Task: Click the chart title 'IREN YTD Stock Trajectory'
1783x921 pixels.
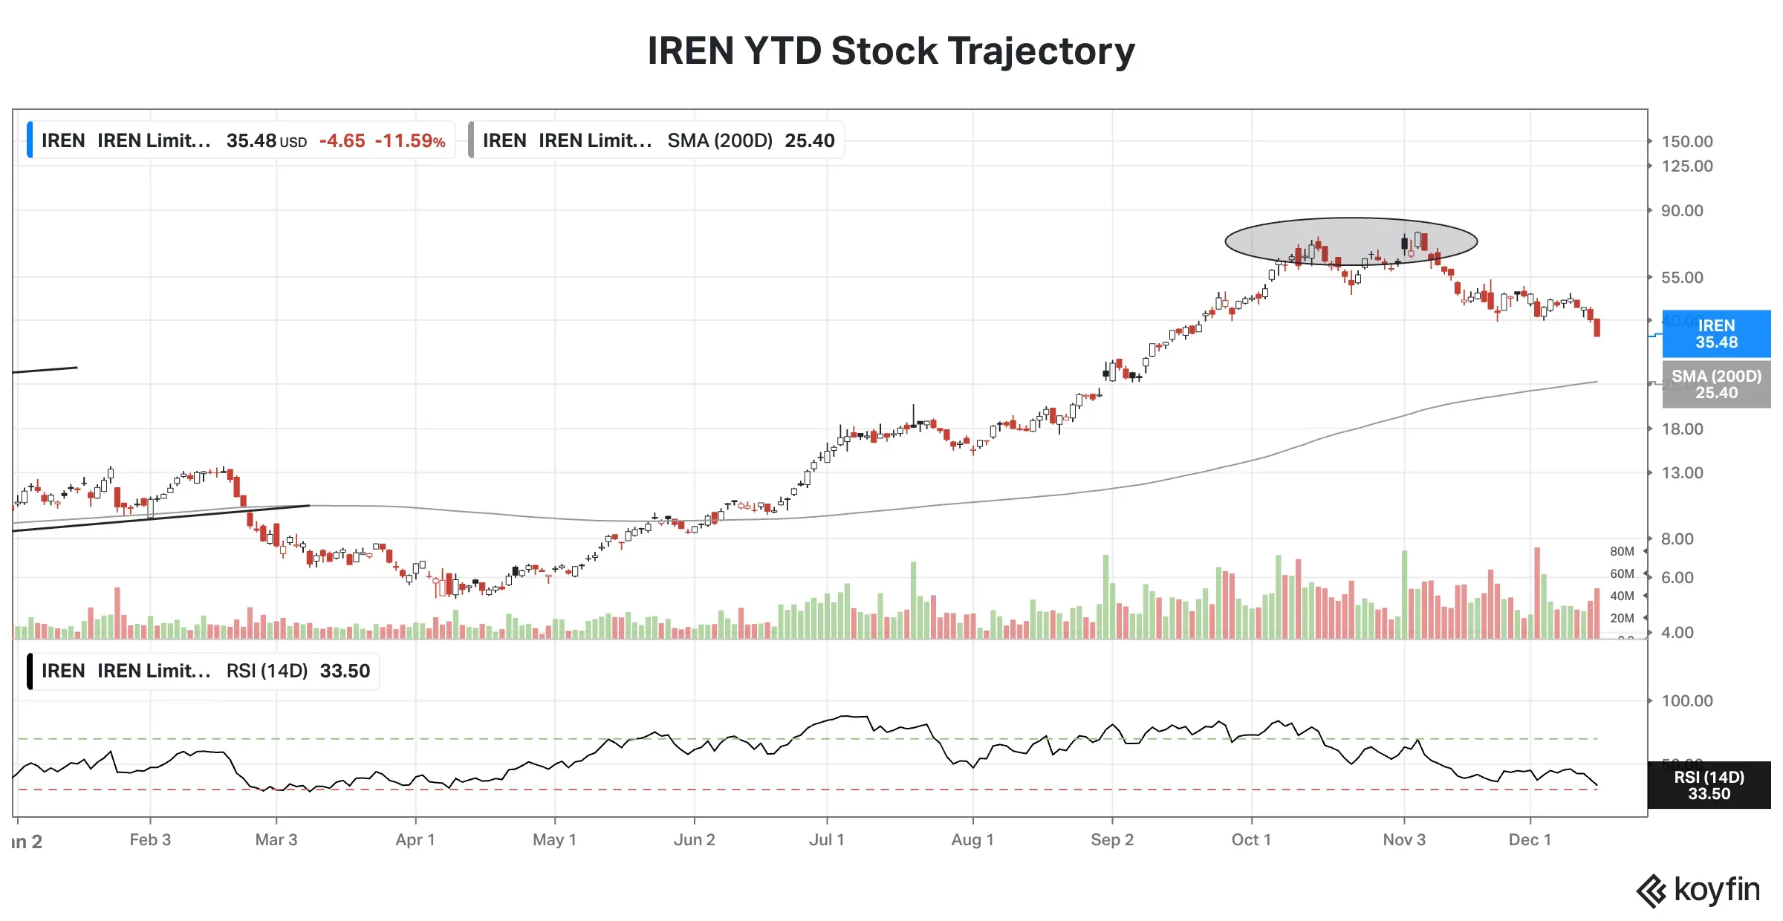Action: [891, 51]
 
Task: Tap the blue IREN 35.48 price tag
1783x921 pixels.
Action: [1715, 334]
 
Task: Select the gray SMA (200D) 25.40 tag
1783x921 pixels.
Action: [1715, 385]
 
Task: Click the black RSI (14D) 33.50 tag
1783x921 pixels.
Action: [1709, 785]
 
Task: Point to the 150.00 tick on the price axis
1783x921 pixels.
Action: [1686, 142]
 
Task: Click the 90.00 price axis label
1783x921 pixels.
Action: [1682, 211]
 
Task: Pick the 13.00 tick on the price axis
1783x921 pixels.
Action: [1682, 473]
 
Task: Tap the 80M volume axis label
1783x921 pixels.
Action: [1622, 552]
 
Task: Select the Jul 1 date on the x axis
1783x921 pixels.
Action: [826, 840]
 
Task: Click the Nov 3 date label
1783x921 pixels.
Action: [1403, 840]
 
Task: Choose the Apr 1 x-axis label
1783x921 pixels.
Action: [415, 840]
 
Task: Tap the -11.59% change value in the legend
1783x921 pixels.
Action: [410, 141]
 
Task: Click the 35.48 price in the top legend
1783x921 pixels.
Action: [251, 141]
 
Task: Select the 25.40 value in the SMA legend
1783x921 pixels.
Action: [809, 141]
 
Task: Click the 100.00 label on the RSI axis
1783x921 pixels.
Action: [1686, 701]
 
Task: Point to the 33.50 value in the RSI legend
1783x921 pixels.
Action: [345, 671]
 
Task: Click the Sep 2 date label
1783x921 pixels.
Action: [1111, 840]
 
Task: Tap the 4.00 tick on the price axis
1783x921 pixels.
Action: [1678, 633]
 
